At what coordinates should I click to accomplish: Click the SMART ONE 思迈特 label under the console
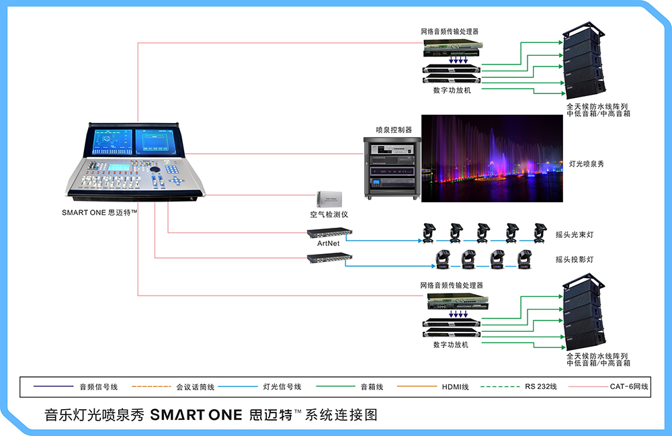pos(99,212)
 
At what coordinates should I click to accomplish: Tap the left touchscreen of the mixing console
pos(110,144)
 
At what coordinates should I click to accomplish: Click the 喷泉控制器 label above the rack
pos(393,129)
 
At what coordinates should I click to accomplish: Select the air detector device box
pos(330,199)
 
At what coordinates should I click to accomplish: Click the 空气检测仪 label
pos(329,214)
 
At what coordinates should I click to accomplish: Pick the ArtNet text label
pos(329,243)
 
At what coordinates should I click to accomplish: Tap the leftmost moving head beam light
pos(427,232)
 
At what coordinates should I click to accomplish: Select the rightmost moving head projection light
pos(523,259)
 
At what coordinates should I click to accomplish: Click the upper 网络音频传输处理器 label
pos(450,31)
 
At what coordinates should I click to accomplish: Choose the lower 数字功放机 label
pos(450,345)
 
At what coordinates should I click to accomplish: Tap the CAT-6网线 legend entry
pos(629,387)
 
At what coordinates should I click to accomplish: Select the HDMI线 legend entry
pos(456,387)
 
